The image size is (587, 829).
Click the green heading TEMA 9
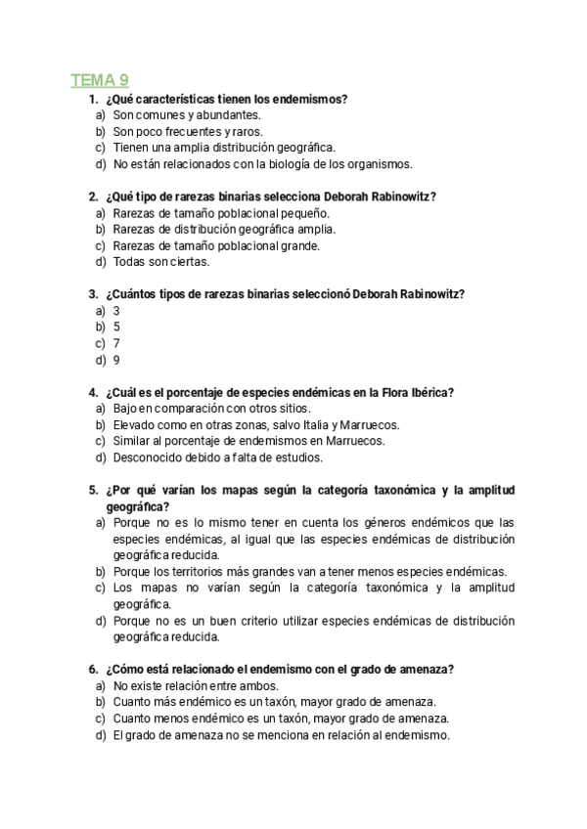click(100, 80)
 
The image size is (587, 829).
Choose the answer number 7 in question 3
click(116, 343)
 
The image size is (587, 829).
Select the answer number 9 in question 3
click(116, 360)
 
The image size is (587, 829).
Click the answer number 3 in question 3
click(116, 310)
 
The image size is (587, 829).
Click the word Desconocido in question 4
click(148, 457)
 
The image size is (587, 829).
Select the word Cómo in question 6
click(128, 670)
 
